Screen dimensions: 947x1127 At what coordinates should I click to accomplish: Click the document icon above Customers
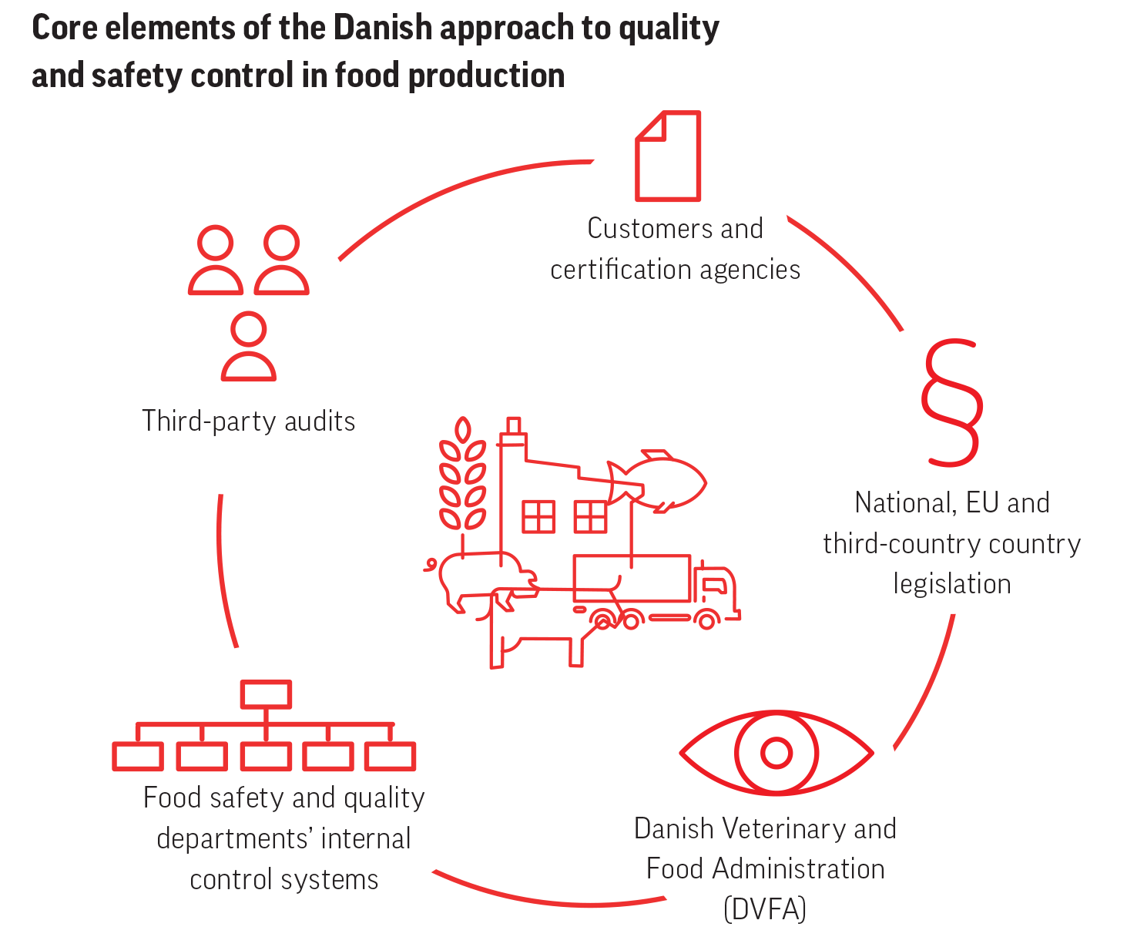(668, 156)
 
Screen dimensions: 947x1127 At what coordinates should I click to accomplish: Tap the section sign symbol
(952, 403)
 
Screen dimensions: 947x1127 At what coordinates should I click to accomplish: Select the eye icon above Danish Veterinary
(776, 753)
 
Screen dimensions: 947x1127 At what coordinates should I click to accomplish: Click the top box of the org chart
(266, 694)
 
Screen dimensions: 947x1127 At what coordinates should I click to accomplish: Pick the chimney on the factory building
(513, 435)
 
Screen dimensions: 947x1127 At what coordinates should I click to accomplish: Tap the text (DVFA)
(765, 909)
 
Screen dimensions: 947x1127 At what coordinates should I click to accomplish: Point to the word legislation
(952, 584)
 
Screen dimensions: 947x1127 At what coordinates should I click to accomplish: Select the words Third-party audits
(248, 421)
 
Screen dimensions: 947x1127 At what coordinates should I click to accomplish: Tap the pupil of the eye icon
(776, 753)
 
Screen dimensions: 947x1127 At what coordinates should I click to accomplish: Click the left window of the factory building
(538, 516)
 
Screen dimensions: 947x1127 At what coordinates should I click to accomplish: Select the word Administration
(798, 869)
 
